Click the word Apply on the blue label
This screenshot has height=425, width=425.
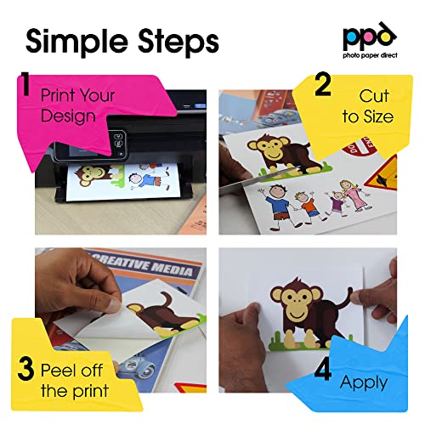coord(364,382)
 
